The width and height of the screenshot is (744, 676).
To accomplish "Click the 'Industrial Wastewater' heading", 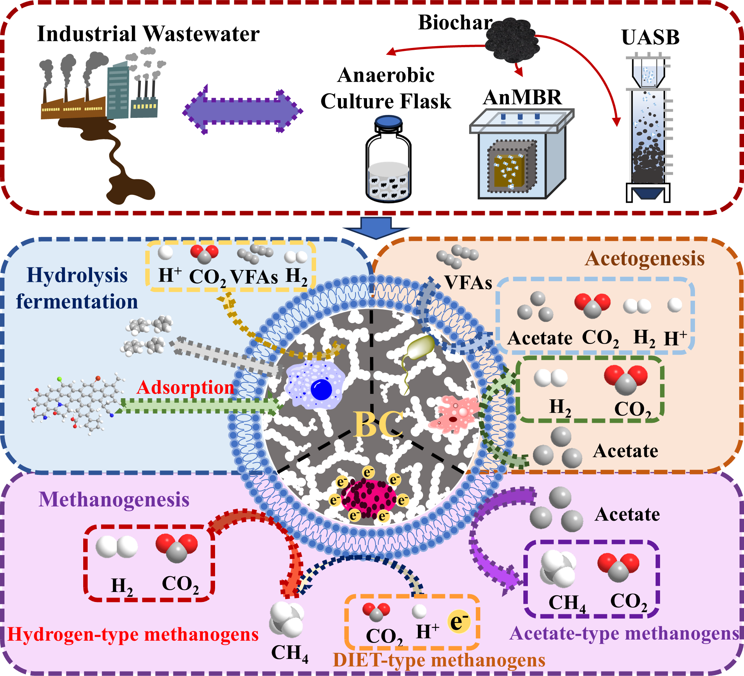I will pyautogui.click(x=148, y=34).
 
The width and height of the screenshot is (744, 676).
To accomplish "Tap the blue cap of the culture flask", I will pyautogui.click(x=389, y=122).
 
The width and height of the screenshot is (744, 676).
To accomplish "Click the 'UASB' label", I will pyautogui.click(x=650, y=37).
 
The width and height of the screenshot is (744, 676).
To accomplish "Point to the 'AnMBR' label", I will pyautogui.click(x=523, y=97).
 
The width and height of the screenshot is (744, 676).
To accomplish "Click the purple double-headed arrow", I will pyautogui.click(x=243, y=111).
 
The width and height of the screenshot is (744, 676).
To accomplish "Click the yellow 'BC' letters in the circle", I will pyautogui.click(x=378, y=424).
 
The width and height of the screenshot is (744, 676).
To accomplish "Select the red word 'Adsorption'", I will pyautogui.click(x=185, y=387).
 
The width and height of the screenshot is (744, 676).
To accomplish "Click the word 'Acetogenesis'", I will pyautogui.click(x=644, y=258).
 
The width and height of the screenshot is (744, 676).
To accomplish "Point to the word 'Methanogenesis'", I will pyautogui.click(x=114, y=499).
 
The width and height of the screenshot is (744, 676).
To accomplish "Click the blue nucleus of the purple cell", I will pyautogui.click(x=321, y=389).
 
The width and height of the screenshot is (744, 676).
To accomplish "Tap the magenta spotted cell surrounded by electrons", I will pyautogui.click(x=368, y=499).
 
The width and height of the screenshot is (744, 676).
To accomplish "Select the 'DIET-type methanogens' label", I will pyautogui.click(x=439, y=660).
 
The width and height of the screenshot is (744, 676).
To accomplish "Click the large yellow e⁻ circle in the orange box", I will pyautogui.click(x=459, y=621).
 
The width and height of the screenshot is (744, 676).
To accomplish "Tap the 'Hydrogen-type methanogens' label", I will pyautogui.click(x=133, y=634).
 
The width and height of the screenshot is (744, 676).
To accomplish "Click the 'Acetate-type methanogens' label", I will pyautogui.click(x=624, y=633).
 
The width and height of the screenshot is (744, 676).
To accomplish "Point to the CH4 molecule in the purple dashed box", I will pyautogui.click(x=558, y=569).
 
